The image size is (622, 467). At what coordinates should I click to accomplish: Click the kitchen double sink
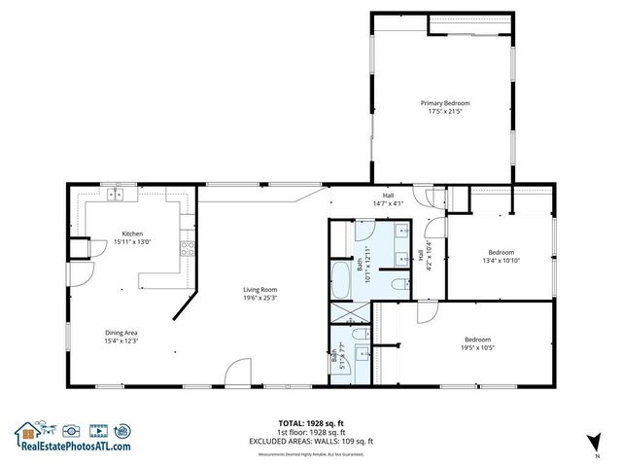tap(117, 195)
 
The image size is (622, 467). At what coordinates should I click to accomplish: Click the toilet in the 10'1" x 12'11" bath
tap(398, 283)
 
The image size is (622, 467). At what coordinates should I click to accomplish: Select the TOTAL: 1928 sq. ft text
tap(310, 423)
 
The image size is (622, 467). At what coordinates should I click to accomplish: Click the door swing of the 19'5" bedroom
tap(426, 313)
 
